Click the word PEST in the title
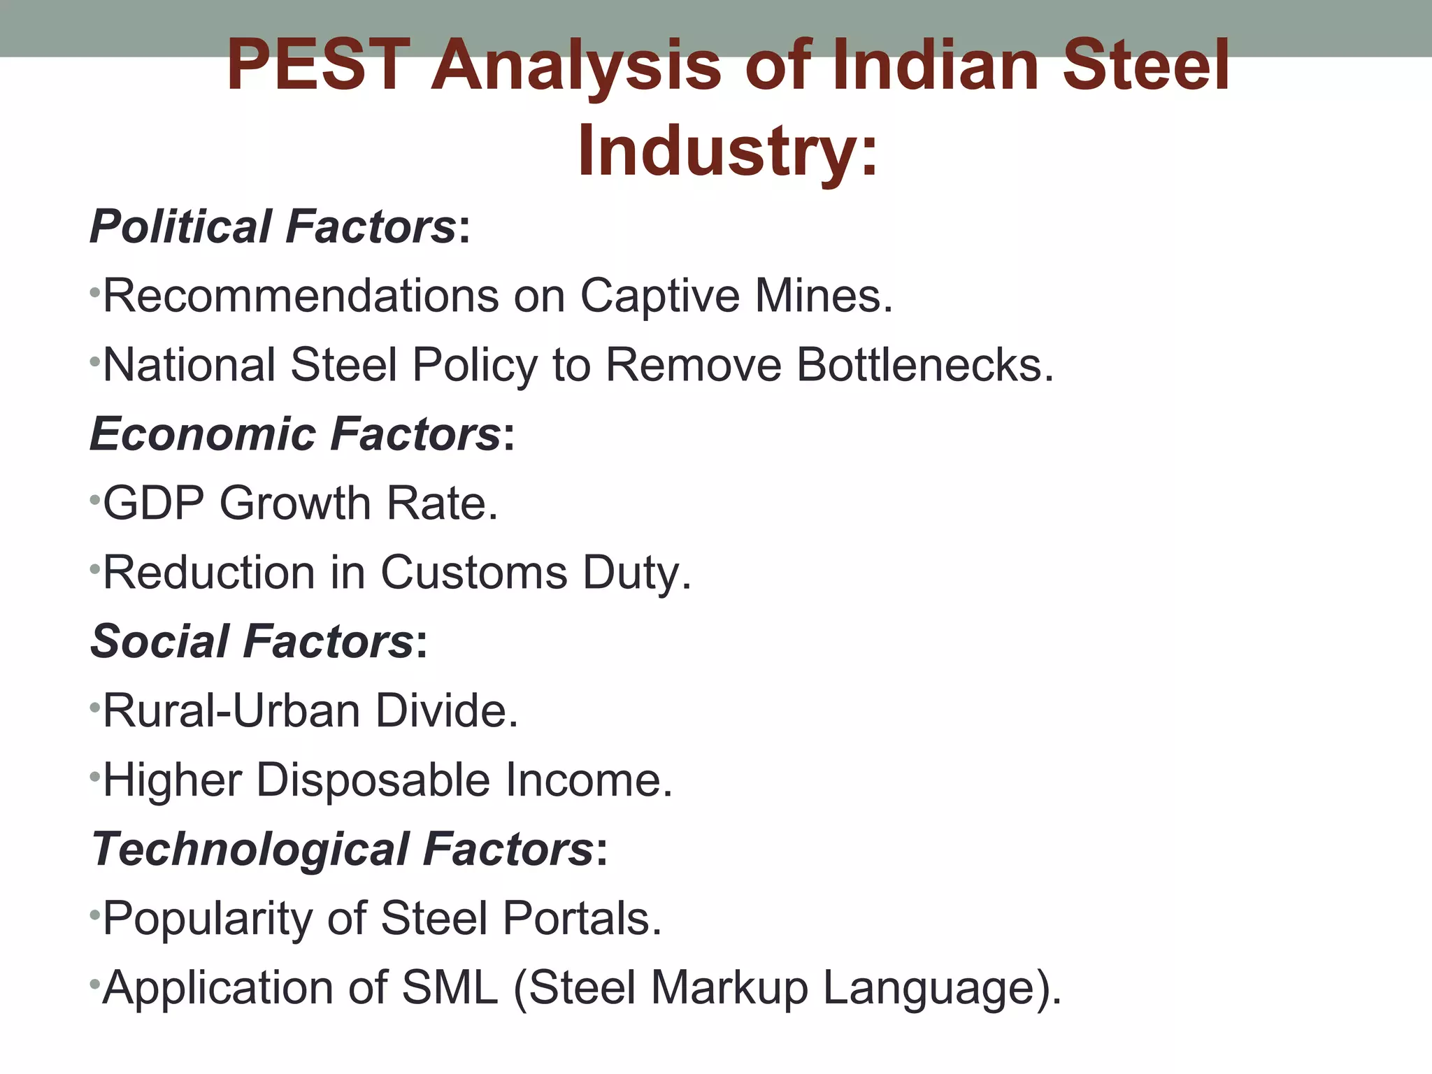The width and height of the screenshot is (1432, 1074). click(318, 66)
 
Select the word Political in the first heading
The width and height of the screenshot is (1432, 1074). click(181, 227)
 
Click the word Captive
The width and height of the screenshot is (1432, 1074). click(659, 296)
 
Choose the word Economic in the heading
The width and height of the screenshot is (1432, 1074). click(203, 434)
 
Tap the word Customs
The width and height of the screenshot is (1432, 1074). click(473, 573)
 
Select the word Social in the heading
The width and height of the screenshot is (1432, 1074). click(160, 641)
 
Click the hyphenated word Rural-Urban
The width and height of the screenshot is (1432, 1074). click(231, 711)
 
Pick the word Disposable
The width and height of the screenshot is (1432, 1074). click(373, 780)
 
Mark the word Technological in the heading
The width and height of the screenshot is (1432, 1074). click(250, 850)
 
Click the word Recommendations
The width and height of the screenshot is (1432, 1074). click(301, 296)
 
